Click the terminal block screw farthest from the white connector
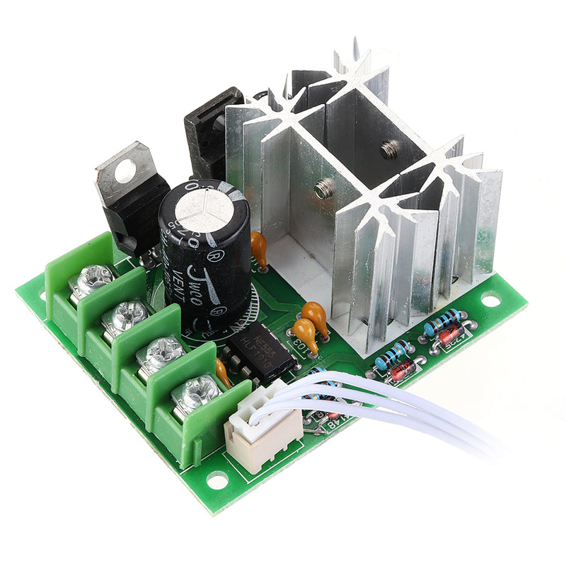click(x=91, y=277)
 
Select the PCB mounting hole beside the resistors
click(x=490, y=300)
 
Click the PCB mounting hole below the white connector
click(x=216, y=480)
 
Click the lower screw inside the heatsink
click(x=324, y=189)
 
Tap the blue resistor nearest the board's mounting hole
click(x=444, y=320)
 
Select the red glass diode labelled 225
click(x=448, y=335)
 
